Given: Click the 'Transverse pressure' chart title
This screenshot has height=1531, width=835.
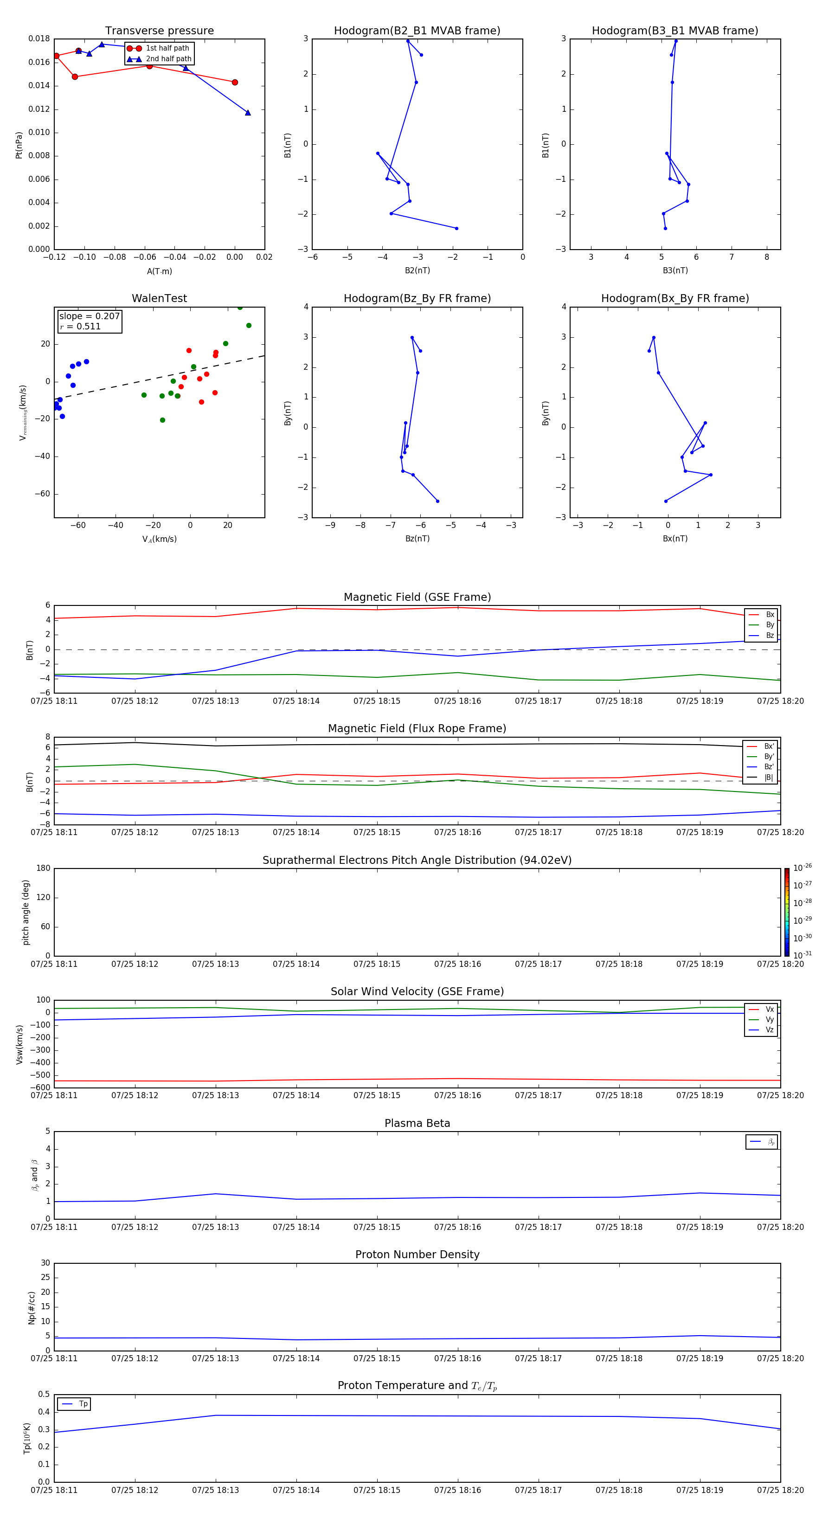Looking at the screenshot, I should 159,31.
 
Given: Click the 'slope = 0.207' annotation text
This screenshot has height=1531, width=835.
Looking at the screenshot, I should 89,316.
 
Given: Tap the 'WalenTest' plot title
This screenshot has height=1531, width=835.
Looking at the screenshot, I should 159,298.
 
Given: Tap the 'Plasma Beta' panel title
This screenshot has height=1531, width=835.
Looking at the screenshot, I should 417,1123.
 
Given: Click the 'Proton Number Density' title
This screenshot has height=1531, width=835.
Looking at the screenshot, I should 417,1254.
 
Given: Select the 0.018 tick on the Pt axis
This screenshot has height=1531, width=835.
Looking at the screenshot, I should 39,39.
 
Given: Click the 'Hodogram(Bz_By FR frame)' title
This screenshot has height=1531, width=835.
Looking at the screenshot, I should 417,298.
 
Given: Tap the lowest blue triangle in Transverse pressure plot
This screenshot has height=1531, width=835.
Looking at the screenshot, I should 248,112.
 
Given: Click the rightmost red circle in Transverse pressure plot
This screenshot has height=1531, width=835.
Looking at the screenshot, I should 235,83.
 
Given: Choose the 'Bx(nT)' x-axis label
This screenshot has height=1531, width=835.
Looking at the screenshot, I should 675,539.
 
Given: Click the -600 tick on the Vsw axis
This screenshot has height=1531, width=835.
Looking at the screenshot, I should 41,1087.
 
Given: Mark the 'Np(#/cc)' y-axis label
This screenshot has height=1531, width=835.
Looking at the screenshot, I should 32,1307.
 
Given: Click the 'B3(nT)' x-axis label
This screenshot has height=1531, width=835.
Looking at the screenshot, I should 675,270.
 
